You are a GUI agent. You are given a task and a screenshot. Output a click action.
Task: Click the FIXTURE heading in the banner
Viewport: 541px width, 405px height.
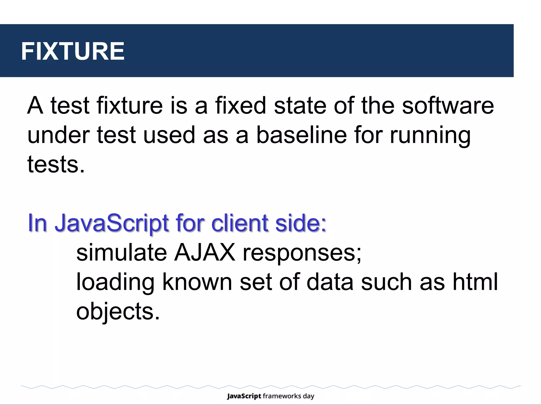73,51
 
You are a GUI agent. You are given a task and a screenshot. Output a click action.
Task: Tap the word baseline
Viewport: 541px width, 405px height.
301,135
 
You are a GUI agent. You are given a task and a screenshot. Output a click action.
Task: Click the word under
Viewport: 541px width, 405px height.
59,135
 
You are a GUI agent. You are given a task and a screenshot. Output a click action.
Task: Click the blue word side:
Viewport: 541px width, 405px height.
301,223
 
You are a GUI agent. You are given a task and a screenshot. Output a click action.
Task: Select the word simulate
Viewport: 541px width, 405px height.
122,252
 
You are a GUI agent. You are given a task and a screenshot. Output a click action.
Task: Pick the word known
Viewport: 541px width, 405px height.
197,282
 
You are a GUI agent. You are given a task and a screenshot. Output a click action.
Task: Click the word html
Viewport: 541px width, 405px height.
475,282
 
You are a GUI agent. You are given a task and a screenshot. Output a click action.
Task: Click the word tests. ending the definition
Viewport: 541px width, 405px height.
56,165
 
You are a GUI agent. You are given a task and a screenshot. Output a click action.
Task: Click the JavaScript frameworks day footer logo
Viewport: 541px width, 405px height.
270,396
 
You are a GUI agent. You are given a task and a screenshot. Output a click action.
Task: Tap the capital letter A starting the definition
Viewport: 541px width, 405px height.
35,105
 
